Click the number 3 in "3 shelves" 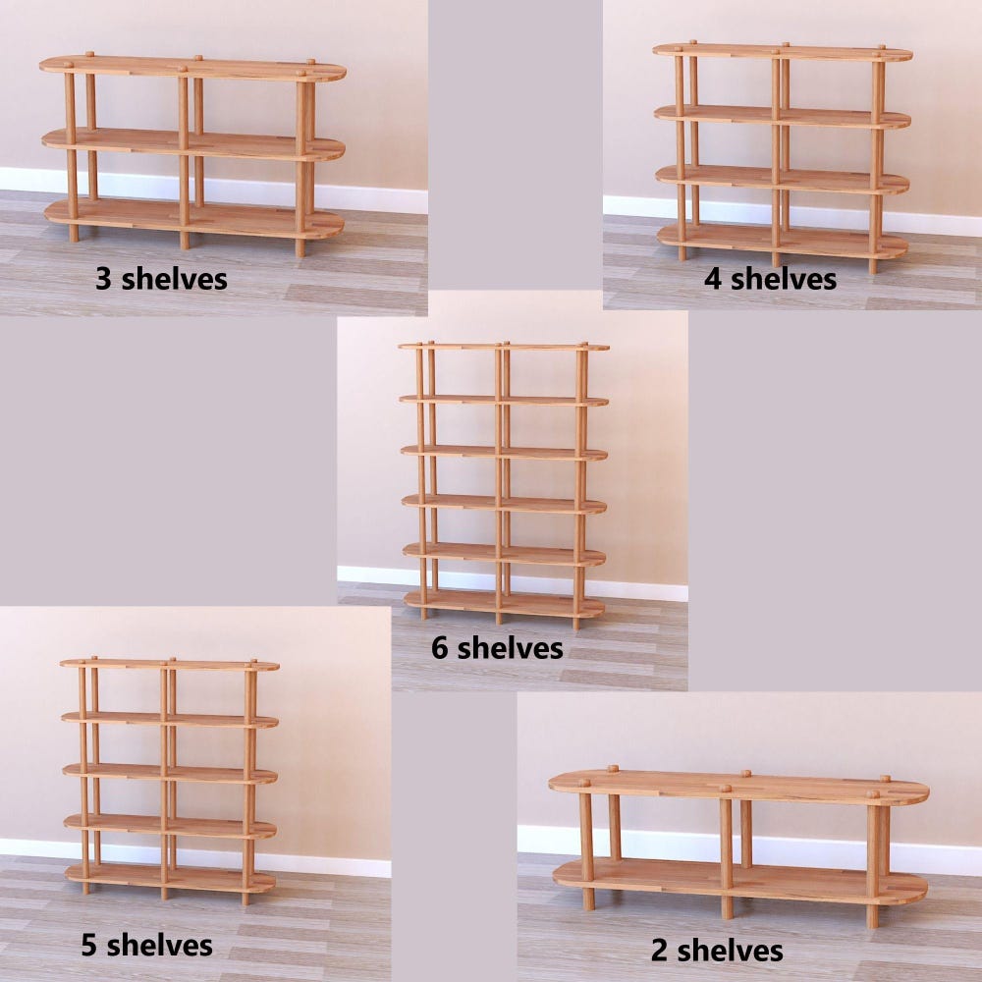click(103, 279)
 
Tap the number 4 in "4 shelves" click(713, 279)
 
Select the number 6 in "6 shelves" click(440, 648)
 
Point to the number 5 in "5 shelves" click(89, 945)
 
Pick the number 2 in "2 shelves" click(660, 950)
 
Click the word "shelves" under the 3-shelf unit click(174, 279)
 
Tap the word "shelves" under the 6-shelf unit click(510, 648)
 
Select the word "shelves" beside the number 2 click(731, 950)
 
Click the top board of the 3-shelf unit click(192, 69)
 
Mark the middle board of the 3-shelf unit click(193, 144)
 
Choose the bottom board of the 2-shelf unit click(739, 881)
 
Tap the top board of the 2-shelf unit click(739, 788)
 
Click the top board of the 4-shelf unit click(783, 53)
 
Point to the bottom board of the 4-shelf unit click(783, 242)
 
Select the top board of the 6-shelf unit click(504, 347)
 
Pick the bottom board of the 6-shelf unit click(504, 603)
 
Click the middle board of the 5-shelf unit click(170, 774)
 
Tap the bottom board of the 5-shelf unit click(170, 878)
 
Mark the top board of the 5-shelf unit click(170, 665)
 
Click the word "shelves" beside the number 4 click(784, 279)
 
